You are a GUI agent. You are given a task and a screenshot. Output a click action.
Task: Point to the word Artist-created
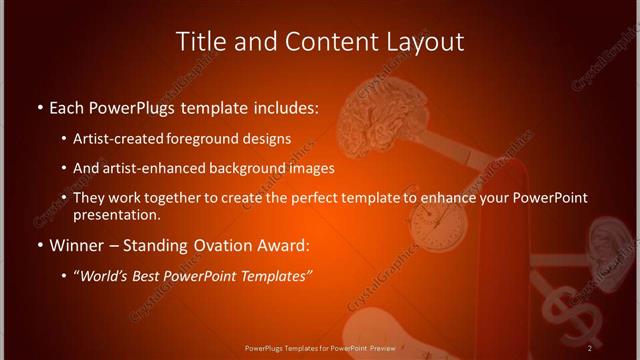[x=132, y=139]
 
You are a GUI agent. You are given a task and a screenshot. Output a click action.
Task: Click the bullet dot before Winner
[x=39, y=246]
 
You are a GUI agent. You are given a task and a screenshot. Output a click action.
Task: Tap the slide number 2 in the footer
[x=590, y=347]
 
